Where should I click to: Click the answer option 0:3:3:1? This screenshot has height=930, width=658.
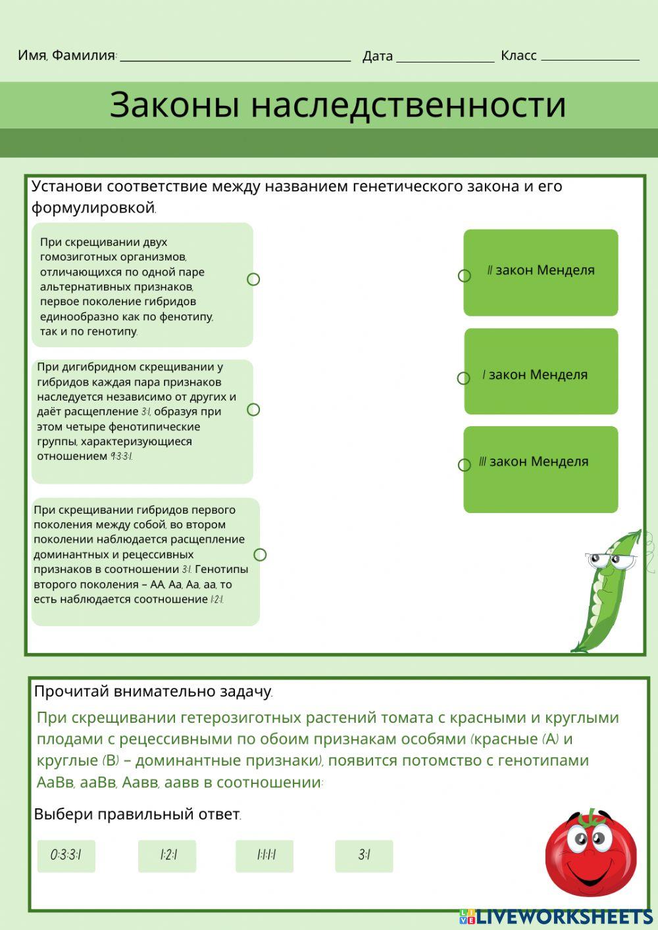(x=66, y=856)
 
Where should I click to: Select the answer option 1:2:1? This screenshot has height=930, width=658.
(x=167, y=856)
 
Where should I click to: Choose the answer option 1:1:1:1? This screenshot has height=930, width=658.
(x=265, y=856)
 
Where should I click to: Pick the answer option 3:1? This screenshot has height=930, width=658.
(x=364, y=856)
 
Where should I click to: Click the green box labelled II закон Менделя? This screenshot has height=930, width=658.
(x=541, y=272)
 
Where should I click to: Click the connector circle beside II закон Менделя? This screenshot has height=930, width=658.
(x=465, y=276)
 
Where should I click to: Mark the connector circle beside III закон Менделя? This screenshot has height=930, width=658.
(x=465, y=465)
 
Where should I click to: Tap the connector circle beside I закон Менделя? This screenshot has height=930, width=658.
(x=464, y=378)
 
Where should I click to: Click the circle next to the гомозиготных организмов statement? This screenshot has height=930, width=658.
(x=253, y=280)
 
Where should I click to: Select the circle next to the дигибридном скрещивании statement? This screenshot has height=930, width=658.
(x=253, y=410)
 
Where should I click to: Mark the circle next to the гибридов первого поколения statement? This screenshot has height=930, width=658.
(x=260, y=554)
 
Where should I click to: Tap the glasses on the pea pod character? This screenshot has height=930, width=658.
(x=611, y=561)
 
